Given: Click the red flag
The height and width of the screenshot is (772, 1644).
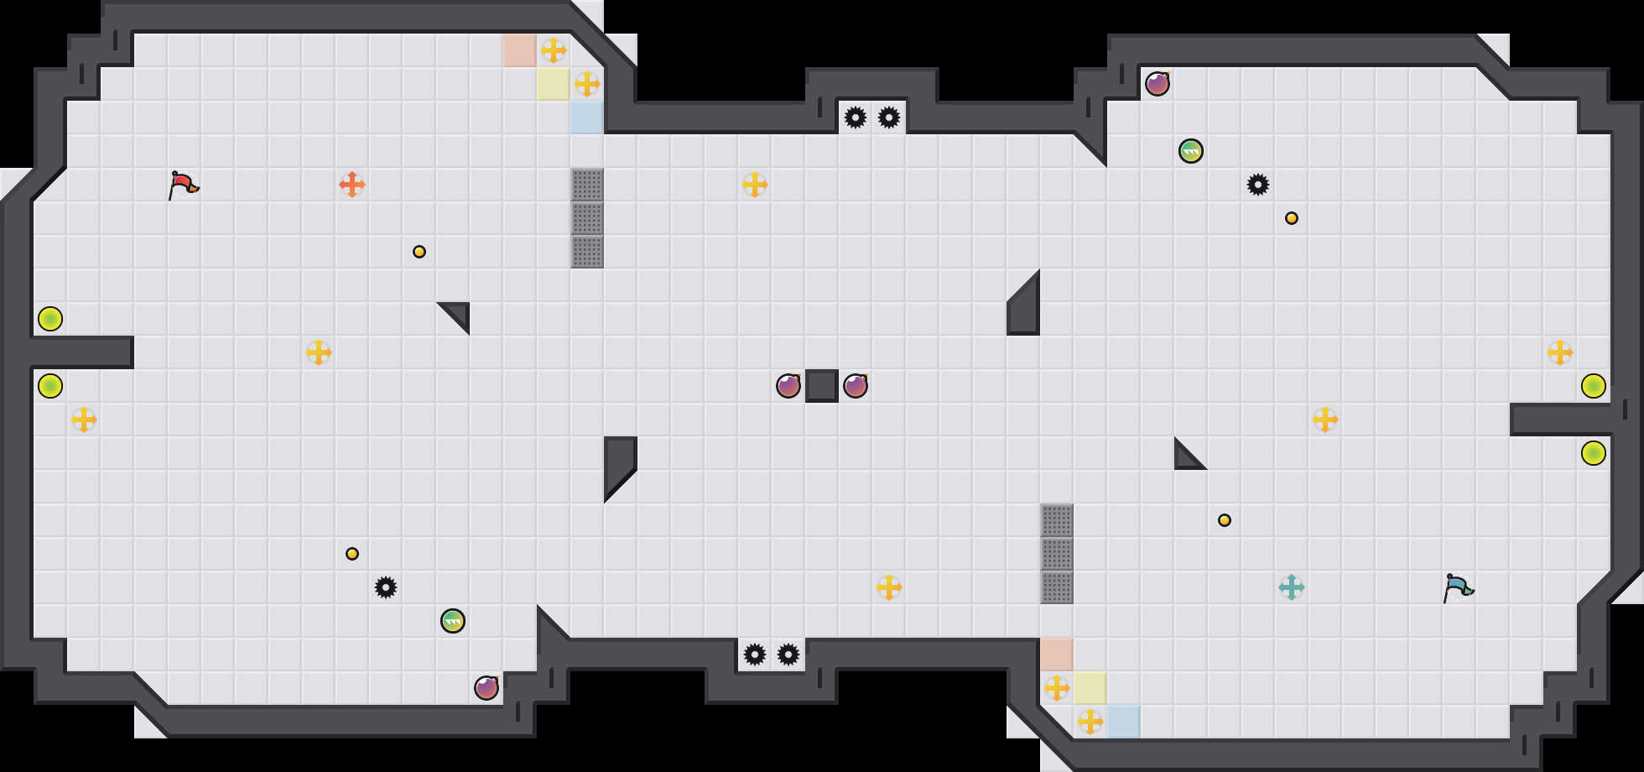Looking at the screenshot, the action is (x=183, y=185).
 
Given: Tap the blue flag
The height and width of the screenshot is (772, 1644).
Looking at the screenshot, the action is (x=1458, y=587).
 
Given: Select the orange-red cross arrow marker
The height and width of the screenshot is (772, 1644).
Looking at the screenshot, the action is (x=352, y=185).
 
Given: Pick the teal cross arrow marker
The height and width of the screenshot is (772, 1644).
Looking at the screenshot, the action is (x=1292, y=587).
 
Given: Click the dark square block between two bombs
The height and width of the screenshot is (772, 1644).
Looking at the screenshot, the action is (x=822, y=386).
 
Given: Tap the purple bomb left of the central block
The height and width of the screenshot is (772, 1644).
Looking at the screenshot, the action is (x=788, y=386).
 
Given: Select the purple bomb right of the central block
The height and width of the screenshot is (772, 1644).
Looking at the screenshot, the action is (x=856, y=386).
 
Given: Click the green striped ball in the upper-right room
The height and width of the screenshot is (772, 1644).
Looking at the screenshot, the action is (x=1191, y=151).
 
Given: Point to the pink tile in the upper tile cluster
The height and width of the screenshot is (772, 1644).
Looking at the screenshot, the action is (x=520, y=50).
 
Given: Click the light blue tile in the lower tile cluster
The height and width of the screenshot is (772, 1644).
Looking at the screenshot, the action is (x=1124, y=722).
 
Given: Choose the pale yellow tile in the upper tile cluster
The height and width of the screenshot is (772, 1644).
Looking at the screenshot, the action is (x=554, y=84).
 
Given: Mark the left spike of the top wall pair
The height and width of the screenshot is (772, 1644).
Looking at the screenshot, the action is (x=856, y=117).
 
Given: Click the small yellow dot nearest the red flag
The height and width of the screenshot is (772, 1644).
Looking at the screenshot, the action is (x=419, y=252).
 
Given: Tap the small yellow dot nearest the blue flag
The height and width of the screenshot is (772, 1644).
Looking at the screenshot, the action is (x=1225, y=520).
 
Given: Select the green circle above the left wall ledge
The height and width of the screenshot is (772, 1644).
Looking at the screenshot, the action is (x=50, y=319).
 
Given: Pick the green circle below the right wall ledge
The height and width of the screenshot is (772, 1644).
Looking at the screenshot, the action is (x=1594, y=453).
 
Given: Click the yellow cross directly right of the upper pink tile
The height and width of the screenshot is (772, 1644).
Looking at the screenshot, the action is (x=554, y=50).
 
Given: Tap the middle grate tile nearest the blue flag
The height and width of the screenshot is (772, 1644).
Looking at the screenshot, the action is (x=1057, y=554).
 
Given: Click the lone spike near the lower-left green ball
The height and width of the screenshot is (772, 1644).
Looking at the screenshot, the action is (x=386, y=587).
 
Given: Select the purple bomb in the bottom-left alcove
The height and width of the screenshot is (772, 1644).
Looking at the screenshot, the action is (x=486, y=688).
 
